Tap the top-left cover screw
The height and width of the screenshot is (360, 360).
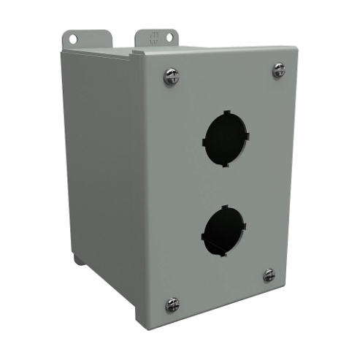[x=171, y=76]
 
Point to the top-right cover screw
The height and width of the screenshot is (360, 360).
[x=279, y=70]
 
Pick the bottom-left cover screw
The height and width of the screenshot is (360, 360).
[x=172, y=303]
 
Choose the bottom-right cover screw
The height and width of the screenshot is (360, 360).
[x=269, y=275]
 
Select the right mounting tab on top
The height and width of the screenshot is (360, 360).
[x=156, y=39]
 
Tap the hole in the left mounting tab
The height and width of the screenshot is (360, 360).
[x=74, y=37]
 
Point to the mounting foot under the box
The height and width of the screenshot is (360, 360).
[x=79, y=259]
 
